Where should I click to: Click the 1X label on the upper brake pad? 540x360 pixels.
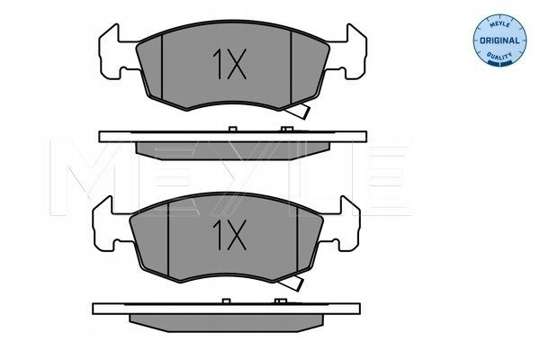click(x=229, y=64)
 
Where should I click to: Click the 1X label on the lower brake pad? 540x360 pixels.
click(x=229, y=235)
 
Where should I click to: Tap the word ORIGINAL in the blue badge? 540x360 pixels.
click(x=499, y=40)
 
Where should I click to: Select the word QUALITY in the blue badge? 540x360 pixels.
click(x=499, y=56)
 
